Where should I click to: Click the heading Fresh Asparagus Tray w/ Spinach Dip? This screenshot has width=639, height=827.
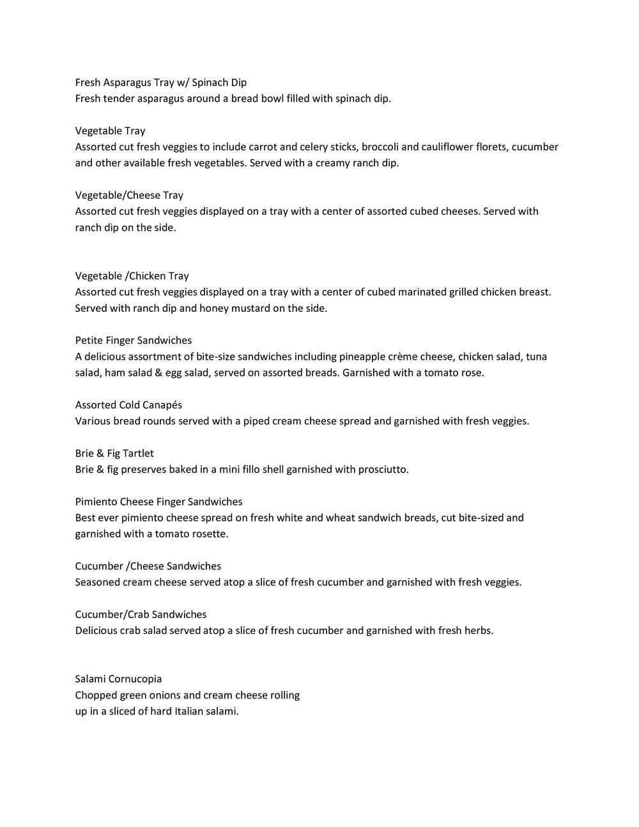click(160, 82)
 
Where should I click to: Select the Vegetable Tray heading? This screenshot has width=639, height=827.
click(110, 131)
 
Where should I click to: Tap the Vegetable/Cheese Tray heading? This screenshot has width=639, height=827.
click(129, 196)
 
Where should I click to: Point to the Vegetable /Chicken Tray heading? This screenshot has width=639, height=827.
click(132, 276)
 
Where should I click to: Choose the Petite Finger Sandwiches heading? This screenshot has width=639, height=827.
click(133, 341)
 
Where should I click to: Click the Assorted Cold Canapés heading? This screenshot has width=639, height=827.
click(128, 405)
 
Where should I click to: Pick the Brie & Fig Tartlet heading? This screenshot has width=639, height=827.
click(114, 454)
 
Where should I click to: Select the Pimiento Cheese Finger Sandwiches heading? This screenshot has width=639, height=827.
click(158, 502)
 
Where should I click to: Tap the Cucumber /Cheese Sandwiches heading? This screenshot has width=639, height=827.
click(148, 566)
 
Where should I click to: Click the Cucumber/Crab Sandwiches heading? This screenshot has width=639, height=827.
click(141, 615)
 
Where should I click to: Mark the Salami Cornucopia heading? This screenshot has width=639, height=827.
click(118, 679)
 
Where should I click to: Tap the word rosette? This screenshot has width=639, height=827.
click(208, 534)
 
